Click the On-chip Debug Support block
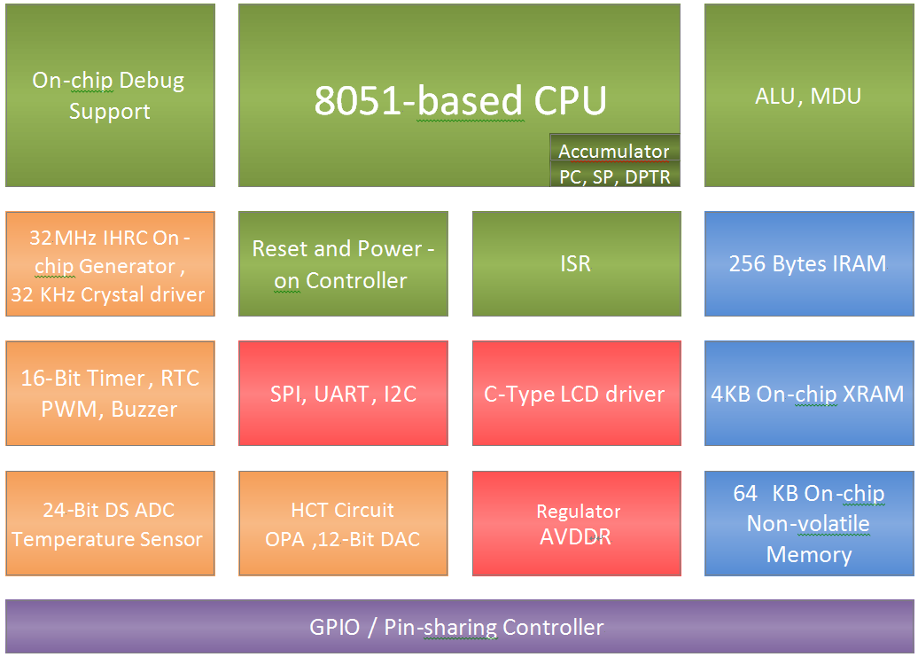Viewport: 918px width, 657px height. point(110,96)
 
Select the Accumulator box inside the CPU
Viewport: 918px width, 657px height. point(614,151)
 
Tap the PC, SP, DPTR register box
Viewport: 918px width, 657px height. point(614,176)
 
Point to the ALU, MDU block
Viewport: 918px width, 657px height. point(808,96)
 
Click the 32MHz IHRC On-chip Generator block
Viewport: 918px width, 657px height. point(110,264)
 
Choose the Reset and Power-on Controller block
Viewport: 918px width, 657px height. point(343,264)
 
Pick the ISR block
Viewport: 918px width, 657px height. point(576,264)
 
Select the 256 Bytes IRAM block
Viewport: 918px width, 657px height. point(808,264)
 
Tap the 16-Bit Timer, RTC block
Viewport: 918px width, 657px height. point(110,394)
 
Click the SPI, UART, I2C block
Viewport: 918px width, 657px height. point(343,394)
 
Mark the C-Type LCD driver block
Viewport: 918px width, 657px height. point(576,394)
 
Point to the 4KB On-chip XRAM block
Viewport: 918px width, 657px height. point(808,394)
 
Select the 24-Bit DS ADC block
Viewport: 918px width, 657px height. point(110,524)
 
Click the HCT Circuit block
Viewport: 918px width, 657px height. point(343,524)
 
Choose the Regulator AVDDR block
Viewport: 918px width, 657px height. point(576,524)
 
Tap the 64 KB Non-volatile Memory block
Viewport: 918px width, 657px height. point(808,524)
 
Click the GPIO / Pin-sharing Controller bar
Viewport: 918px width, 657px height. point(457,628)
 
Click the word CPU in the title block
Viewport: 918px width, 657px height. point(570,101)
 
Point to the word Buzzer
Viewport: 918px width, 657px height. point(144,410)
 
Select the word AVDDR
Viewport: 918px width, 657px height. point(577,537)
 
